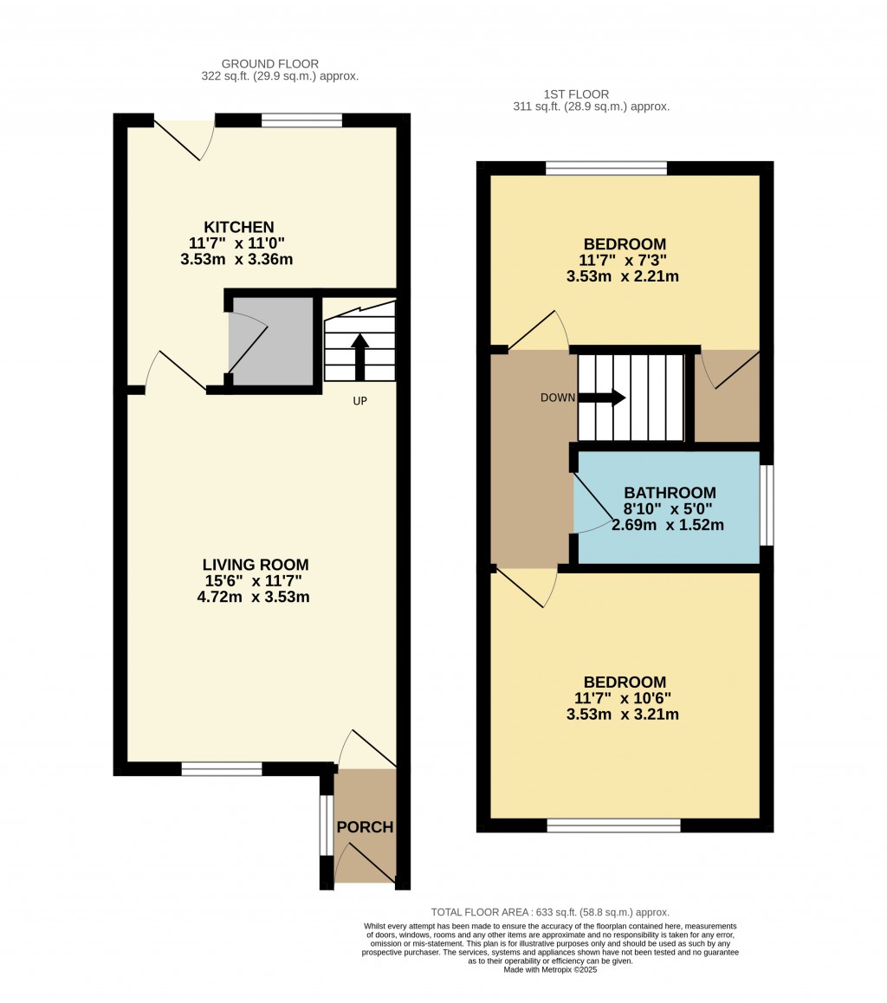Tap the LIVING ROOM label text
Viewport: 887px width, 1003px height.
[x=256, y=565]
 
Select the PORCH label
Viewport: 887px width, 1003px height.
[x=365, y=827]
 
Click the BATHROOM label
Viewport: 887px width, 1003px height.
[x=670, y=493]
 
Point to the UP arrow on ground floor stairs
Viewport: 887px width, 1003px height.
[x=359, y=355]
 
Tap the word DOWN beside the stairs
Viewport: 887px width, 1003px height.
[x=557, y=398]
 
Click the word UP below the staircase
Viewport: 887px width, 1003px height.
[x=359, y=401]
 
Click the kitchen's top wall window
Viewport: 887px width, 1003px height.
[x=301, y=120]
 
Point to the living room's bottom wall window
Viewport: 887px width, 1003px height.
[x=222, y=768]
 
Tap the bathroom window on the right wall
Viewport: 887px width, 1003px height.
[x=767, y=505]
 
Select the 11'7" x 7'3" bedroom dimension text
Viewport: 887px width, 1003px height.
[x=624, y=260]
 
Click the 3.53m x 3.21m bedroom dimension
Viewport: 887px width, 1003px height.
[x=622, y=715]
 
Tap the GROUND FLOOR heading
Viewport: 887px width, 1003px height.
[x=270, y=64]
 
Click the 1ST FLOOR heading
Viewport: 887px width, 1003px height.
[x=576, y=94]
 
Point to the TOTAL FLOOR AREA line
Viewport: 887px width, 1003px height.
[x=550, y=912]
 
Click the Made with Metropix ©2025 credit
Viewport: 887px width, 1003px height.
[x=550, y=969]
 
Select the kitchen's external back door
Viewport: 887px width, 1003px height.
[x=184, y=139]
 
